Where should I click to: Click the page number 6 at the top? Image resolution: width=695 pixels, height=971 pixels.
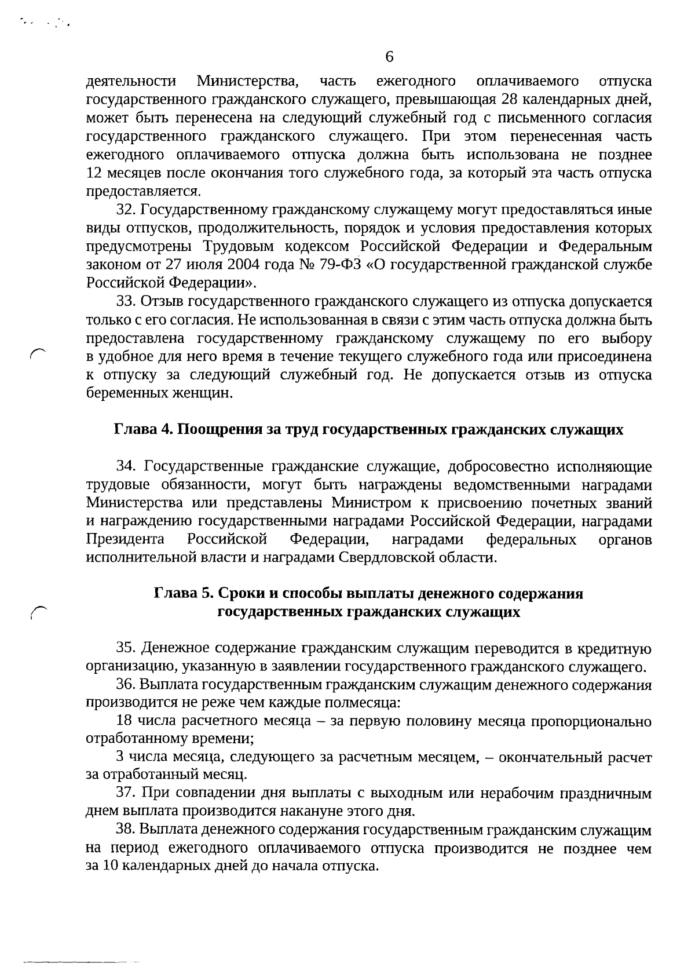389,57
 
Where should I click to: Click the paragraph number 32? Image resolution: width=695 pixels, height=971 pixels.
126,210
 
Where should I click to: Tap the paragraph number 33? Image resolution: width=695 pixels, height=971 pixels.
126,302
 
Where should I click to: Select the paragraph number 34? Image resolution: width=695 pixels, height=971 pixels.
126,466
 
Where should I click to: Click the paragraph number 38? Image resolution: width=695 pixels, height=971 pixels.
126,830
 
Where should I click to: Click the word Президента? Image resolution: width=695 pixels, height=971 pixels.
125,540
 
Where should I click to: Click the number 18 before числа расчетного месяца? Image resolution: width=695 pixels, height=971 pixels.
124,721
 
